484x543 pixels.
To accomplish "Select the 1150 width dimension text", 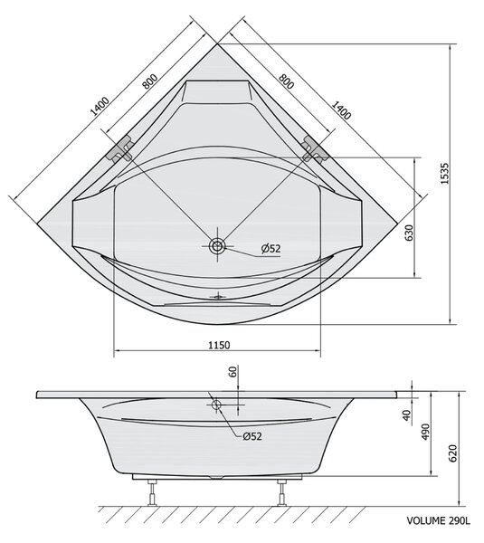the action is pyautogui.click(x=219, y=346).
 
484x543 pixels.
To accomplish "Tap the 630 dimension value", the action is pyautogui.click(x=409, y=233).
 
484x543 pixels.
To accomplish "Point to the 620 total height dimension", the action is pyautogui.click(x=453, y=453).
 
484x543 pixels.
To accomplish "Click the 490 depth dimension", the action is pyautogui.click(x=425, y=432).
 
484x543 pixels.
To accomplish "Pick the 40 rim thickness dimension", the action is pyautogui.click(x=406, y=414).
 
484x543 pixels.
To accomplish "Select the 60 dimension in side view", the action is pyautogui.click(x=233, y=372).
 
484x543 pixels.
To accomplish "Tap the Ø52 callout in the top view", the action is pyautogui.click(x=270, y=248).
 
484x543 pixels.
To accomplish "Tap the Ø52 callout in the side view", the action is pyautogui.click(x=252, y=436).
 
